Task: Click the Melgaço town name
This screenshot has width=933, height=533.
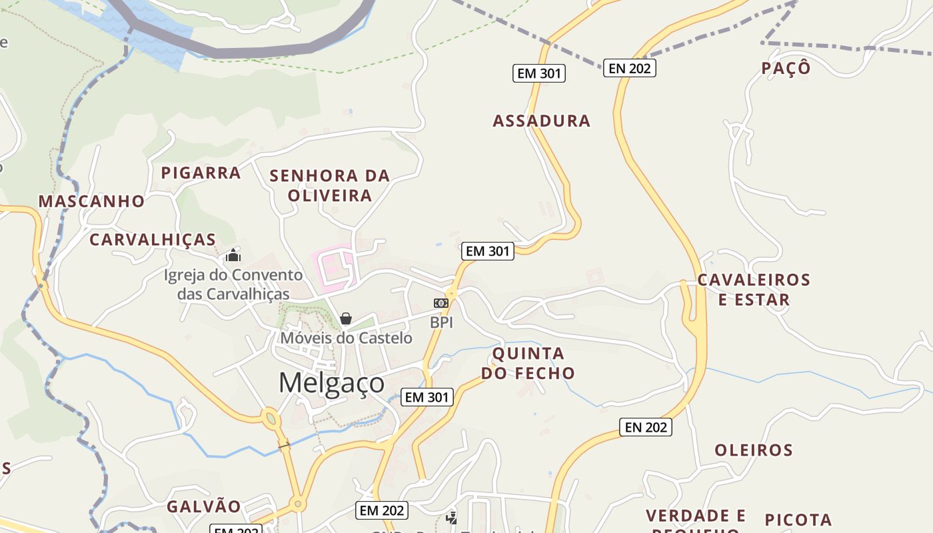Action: click(x=331, y=383)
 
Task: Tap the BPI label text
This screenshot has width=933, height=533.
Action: click(x=441, y=322)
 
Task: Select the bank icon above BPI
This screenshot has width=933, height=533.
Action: click(x=441, y=303)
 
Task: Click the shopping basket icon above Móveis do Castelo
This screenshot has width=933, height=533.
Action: click(x=346, y=318)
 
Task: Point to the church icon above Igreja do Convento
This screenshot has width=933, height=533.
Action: click(x=233, y=255)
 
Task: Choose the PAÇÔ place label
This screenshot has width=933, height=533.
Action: click(x=786, y=69)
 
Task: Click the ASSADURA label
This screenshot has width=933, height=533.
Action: click(x=541, y=121)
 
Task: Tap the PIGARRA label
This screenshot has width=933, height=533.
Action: click(x=201, y=173)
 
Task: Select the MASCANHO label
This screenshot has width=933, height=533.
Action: click(x=91, y=201)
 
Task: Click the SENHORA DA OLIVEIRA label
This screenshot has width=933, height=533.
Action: click(x=329, y=186)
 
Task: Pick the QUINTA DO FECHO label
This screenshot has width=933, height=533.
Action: click(x=528, y=363)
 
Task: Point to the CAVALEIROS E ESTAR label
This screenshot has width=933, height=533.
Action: click(x=753, y=290)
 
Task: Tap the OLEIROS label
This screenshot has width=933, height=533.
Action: click(x=754, y=450)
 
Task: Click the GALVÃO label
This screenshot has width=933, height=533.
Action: click(x=203, y=506)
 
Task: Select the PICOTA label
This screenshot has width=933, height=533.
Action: click(x=798, y=520)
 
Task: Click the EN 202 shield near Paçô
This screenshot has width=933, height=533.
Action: click(x=629, y=67)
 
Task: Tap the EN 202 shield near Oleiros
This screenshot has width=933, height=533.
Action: click(x=645, y=427)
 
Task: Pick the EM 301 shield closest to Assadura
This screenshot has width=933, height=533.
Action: click(x=538, y=73)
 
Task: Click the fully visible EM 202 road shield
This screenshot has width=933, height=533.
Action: click(x=381, y=510)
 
